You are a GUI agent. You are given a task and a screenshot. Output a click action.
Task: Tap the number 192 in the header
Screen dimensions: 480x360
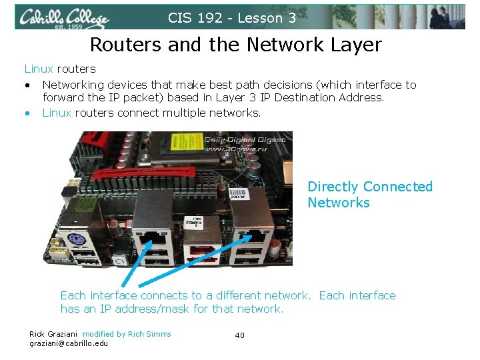point(208,18)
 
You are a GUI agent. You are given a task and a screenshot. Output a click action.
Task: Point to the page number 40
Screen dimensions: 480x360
point(239,335)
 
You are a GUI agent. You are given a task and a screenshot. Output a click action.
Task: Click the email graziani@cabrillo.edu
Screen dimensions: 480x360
point(68,343)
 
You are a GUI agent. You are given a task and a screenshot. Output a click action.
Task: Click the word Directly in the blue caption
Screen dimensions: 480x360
point(333,187)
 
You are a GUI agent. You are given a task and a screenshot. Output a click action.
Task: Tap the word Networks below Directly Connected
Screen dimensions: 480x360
point(338,203)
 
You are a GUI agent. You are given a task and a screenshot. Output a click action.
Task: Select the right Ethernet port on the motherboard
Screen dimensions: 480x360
point(256,235)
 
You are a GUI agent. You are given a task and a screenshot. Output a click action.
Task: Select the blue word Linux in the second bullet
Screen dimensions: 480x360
point(57,113)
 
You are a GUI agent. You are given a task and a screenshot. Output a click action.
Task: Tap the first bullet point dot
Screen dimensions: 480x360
point(28,85)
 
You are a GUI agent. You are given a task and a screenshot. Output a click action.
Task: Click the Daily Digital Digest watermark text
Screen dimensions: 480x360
point(245,139)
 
